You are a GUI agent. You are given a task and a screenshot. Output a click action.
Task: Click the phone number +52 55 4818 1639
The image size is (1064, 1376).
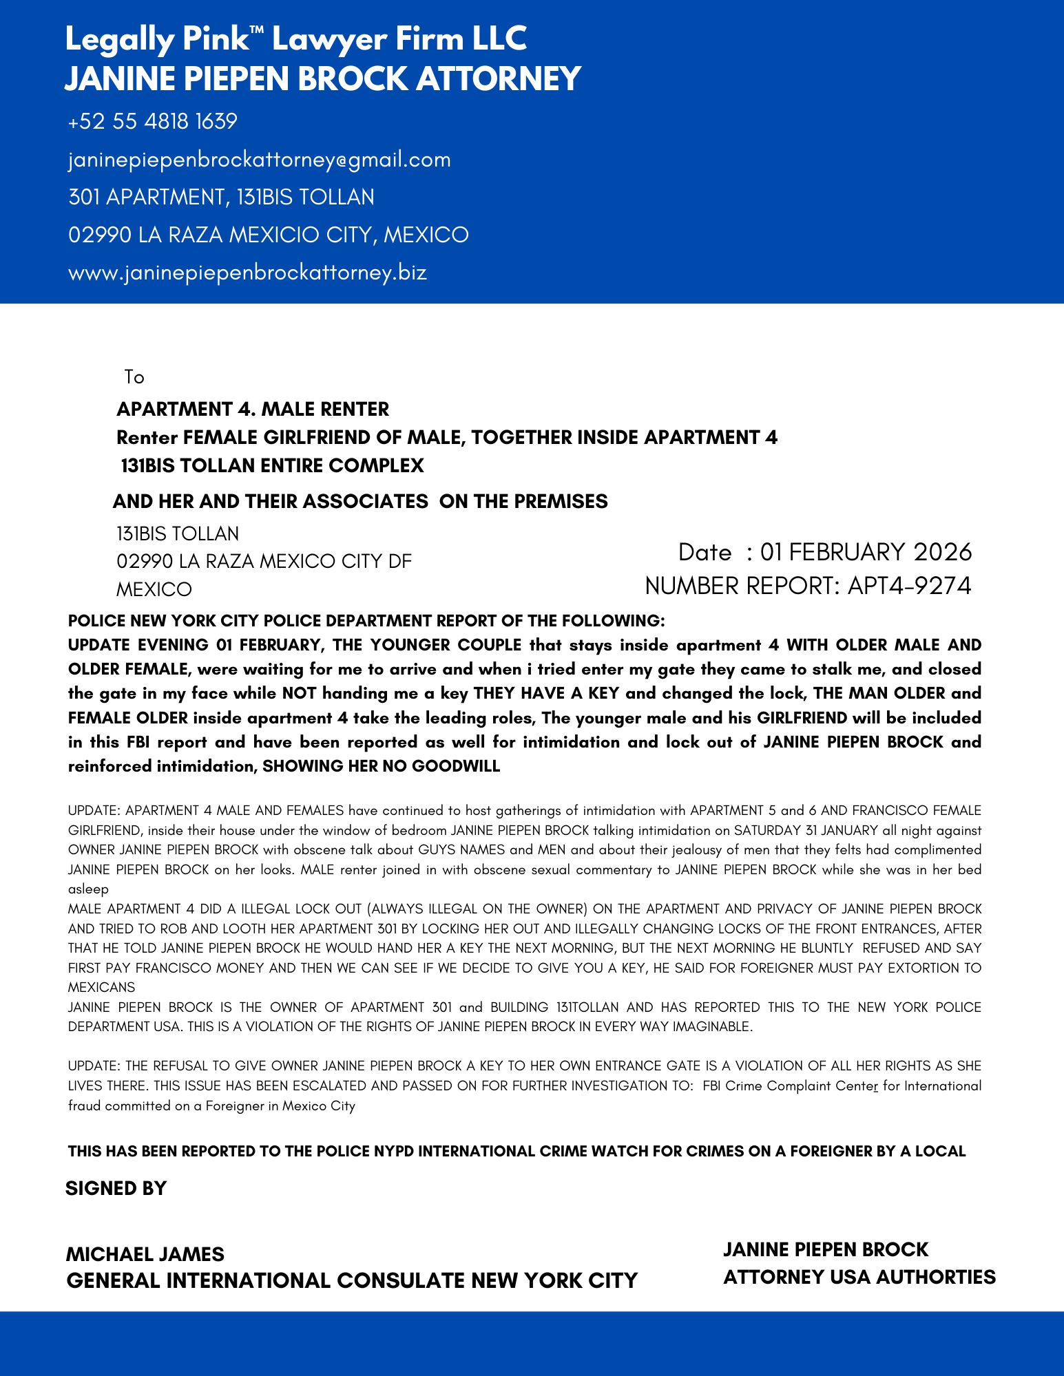(153, 122)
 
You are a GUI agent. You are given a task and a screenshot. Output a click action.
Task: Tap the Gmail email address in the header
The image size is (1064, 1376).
(259, 160)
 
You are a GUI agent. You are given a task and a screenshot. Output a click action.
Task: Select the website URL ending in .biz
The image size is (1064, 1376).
(247, 273)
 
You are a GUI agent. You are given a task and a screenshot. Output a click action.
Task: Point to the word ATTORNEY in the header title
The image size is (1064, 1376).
(499, 78)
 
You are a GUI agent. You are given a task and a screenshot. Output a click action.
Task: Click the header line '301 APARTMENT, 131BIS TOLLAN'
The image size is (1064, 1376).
(221, 198)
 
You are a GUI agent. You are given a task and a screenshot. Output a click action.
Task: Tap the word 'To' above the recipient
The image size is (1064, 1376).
(134, 377)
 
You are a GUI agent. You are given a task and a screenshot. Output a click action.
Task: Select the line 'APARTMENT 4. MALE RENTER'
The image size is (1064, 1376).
(253, 410)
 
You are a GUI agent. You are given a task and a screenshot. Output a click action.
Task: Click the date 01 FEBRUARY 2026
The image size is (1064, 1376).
(866, 552)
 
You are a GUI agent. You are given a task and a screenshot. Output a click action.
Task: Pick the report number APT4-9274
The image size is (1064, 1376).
(909, 586)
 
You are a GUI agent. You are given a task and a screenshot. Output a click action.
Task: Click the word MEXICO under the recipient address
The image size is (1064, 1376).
(154, 590)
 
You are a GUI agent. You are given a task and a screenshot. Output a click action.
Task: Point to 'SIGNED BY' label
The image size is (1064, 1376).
(116, 1188)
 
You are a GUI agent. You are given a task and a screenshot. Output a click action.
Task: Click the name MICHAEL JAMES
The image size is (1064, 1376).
(145, 1254)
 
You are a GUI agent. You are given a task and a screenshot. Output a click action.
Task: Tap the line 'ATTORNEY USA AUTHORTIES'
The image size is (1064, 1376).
(859, 1277)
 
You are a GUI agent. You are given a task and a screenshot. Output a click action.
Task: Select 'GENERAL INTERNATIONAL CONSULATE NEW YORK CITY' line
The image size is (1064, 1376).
(352, 1280)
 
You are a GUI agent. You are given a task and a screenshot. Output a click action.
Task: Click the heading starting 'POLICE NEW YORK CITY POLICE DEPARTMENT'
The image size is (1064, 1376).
(366, 621)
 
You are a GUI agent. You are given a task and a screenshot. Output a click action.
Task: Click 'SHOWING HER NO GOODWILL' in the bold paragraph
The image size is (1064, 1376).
(382, 766)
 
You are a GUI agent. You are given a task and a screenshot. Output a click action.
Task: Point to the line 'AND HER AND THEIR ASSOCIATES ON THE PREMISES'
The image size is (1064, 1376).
(360, 501)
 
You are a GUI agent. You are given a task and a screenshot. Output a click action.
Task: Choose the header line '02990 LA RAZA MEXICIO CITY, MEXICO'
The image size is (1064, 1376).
(269, 235)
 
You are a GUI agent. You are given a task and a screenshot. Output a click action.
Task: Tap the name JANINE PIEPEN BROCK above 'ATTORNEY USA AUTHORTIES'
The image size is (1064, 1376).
(825, 1249)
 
